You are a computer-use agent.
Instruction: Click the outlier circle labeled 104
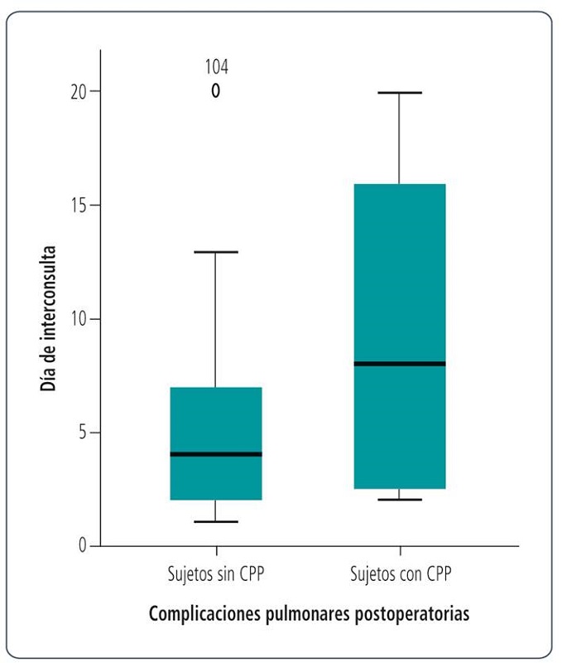(215, 91)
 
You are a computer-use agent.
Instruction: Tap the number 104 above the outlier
(216, 67)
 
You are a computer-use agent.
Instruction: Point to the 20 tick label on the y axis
(79, 91)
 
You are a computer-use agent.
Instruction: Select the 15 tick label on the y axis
(79, 205)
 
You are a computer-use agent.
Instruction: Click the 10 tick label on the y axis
(79, 319)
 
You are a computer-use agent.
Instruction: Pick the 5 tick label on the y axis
(83, 433)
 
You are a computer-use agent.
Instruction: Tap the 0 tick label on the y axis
(83, 546)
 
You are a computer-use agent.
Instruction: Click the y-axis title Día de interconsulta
(49, 318)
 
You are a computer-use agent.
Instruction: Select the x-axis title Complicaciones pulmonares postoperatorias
(310, 615)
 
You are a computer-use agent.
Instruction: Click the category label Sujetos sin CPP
(215, 573)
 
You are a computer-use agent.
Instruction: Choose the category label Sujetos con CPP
(401, 573)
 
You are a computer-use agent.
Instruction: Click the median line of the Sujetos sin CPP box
(216, 454)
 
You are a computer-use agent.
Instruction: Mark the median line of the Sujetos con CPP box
(400, 364)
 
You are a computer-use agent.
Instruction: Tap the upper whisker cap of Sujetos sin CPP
(216, 251)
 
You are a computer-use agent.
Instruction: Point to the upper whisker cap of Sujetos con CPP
(400, 93)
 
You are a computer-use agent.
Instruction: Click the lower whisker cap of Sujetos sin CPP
(216, 522)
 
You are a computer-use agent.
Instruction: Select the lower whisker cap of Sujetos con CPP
(400, 500)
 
